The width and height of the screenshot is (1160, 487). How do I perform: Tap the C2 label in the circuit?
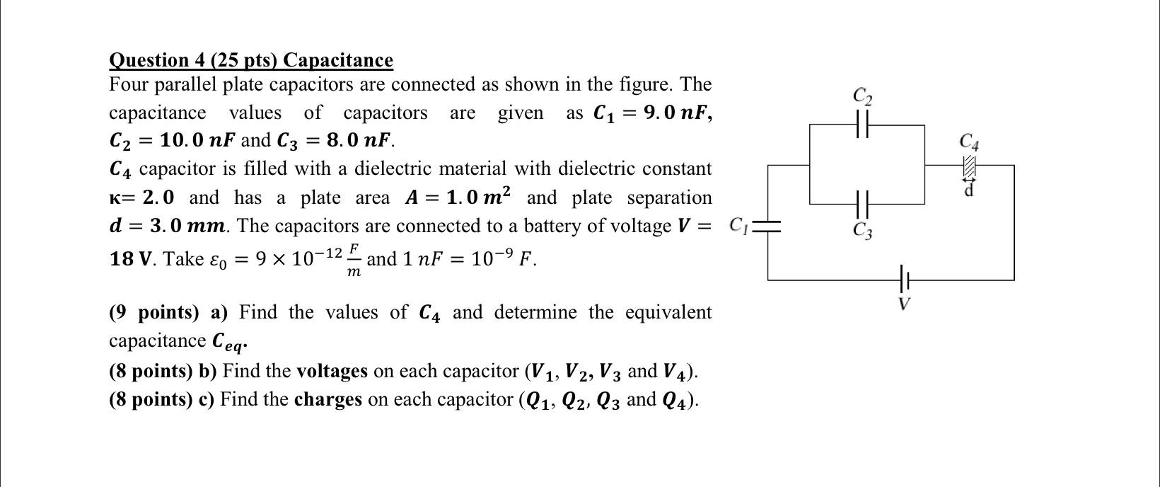862,96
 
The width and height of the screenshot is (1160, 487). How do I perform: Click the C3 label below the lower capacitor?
862,231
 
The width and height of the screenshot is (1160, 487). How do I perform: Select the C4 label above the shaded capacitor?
970,142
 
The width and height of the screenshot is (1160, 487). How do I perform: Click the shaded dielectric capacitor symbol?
970,166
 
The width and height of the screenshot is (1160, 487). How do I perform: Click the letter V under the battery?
903,304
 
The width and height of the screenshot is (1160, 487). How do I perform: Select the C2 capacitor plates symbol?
862,125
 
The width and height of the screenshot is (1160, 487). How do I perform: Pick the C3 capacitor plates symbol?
862,204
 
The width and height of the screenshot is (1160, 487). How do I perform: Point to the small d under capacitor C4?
970,190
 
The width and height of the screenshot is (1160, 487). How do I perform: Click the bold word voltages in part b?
332,371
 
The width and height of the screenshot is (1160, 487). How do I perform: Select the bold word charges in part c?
327,400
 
